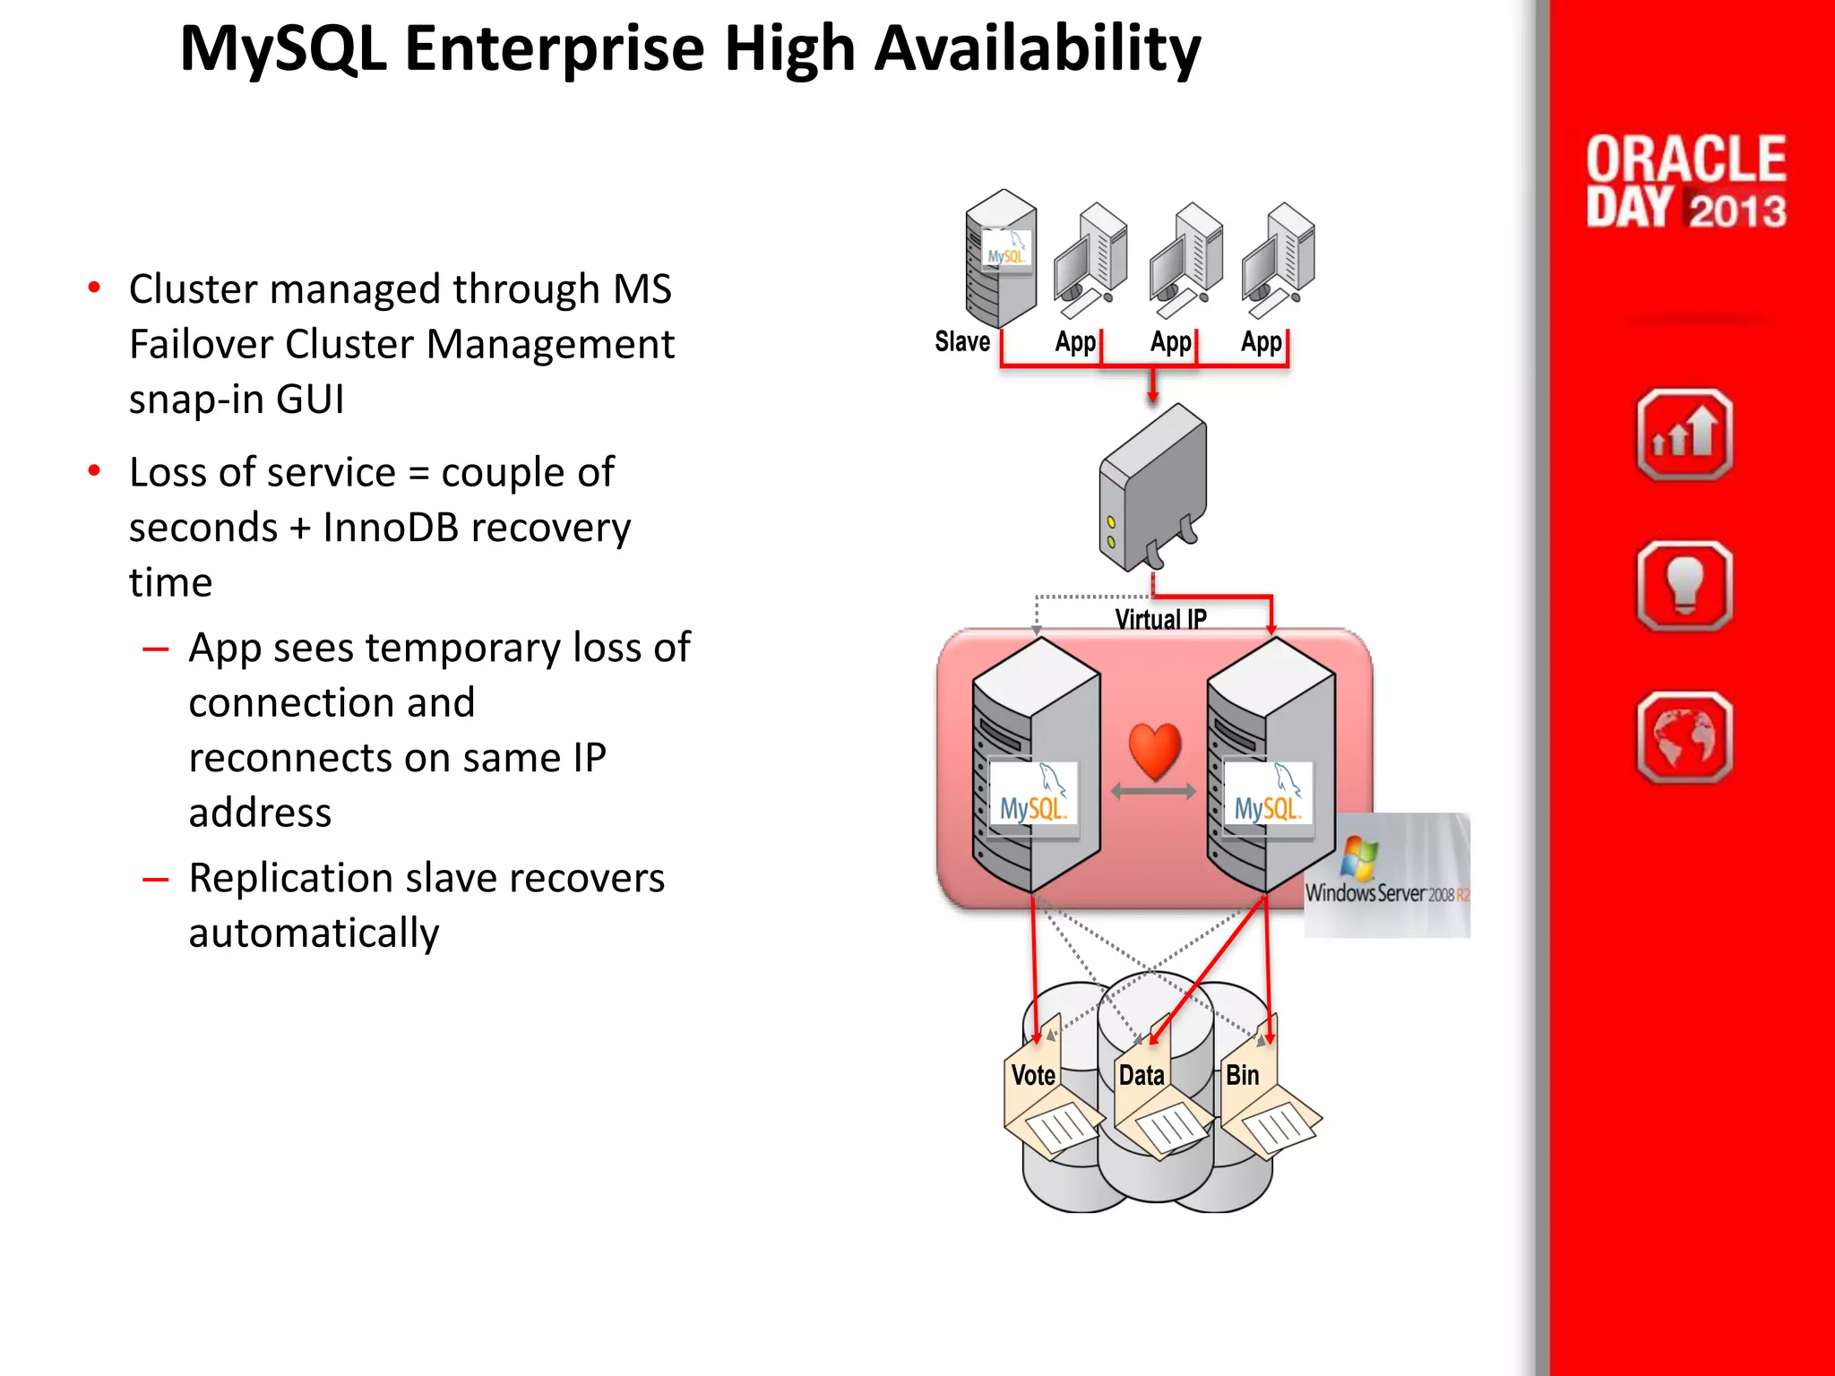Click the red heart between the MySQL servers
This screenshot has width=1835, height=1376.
pos(1154,751)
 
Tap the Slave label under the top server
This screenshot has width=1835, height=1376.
pos(962,341)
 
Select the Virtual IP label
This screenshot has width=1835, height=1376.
pos(1160,619)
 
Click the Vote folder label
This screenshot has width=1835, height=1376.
pos(1033,1075)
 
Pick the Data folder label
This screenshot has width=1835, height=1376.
pos(1141,1075)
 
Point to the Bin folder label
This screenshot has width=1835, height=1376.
pos(1242,1075)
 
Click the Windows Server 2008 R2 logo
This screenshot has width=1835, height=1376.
pos(1386,874)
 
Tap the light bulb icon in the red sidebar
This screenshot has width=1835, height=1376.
pos(1684,586)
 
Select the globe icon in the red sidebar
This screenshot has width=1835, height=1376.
pos(1684,737)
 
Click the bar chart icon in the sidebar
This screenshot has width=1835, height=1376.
pos(1684,434)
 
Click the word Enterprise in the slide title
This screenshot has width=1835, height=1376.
pos(555,48)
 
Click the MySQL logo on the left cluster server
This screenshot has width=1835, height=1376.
pos(1032,800)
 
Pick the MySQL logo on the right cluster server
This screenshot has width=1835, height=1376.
pos(1267,800)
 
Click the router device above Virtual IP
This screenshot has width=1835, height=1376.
pos(1152,488)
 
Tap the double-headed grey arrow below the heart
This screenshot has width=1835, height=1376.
pos(1153,792)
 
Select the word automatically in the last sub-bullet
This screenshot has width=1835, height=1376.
pos(314,933)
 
